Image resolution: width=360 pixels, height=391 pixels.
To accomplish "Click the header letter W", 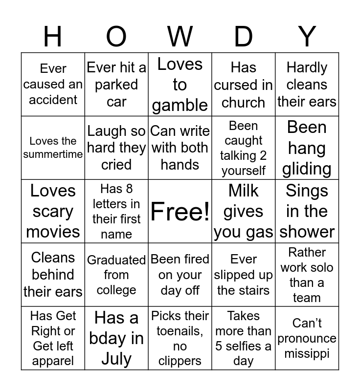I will point(180,37).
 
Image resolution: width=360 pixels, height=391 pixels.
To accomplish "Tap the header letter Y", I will point(307,37).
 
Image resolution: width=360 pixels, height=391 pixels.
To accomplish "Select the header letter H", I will point(53,37).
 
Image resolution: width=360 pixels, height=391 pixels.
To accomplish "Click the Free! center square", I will point(180,211).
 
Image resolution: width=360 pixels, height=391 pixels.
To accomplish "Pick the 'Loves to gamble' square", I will point(180,84).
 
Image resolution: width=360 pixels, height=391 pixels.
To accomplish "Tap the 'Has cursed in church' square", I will point(243,84).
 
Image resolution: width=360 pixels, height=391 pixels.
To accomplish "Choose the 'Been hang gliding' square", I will point(307,148).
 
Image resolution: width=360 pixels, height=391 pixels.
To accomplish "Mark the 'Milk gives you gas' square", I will point(243,211).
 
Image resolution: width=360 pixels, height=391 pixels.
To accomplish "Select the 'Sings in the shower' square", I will point(307,211).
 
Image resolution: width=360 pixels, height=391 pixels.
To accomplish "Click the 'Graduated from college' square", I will point(116,275).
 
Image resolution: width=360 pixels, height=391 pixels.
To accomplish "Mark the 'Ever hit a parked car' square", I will point(116,84).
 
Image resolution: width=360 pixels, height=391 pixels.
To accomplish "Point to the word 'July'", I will point(116,359).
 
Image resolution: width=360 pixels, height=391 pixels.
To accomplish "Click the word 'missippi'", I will point(307,353).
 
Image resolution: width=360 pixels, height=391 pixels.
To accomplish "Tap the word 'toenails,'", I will point(180,331).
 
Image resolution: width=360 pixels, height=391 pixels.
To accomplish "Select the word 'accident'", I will point(53,100).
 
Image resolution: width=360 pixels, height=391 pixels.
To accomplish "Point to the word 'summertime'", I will point(53,155).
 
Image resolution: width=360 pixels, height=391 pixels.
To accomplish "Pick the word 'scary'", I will point(53,212).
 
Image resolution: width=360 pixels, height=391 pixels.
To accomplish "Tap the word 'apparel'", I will point(53,361).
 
